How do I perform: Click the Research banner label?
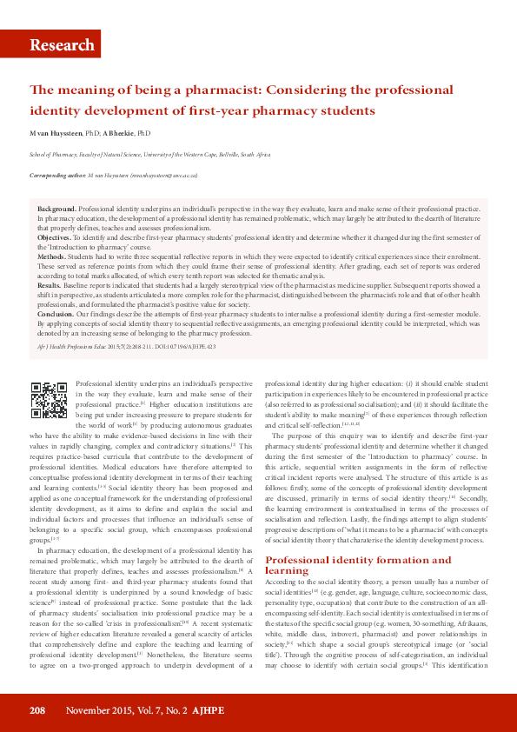click(61, 45)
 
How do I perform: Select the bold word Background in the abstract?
click(56, 210)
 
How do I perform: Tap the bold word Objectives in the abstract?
click(55, 236)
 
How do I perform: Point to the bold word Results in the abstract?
click(50, 284)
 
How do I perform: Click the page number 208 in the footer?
click(36, 710)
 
